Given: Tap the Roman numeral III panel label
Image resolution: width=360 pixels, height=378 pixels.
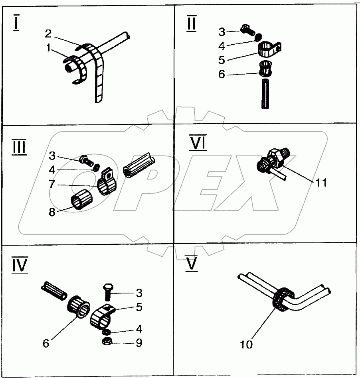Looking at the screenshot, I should (x=19, y=147).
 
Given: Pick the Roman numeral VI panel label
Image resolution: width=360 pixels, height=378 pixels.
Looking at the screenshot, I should (x=198, y=143).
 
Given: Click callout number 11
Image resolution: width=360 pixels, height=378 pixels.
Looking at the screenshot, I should (x=321, y=183).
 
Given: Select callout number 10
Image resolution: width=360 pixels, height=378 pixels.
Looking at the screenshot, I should (x=247, y=344).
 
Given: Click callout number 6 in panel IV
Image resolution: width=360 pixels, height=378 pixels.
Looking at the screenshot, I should (x=46, y=343).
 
